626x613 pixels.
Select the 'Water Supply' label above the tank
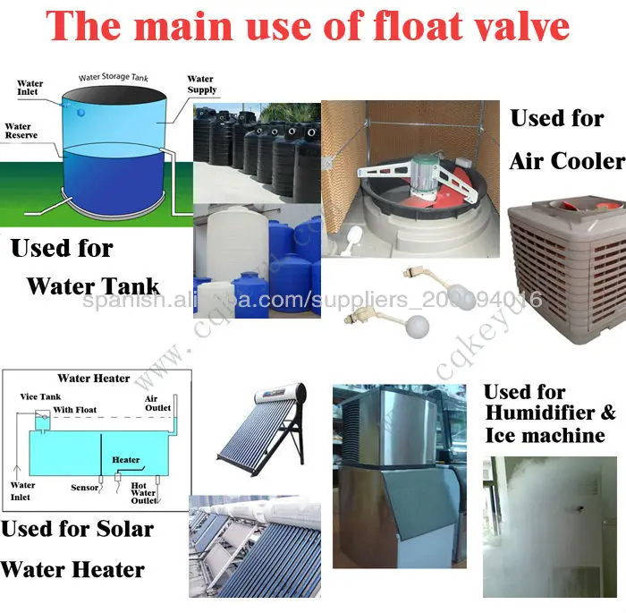[201, 85]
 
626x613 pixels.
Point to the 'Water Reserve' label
[18, 132]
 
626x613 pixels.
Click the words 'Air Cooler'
[567, 160]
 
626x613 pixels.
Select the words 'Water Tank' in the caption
[93, 286]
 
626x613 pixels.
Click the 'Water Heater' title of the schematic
[94, 379]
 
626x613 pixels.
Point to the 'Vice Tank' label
[37, 396]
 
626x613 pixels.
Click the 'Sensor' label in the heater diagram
[84, 488]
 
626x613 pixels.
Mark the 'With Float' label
[74, 410]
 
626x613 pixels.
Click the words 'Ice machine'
[545, 436]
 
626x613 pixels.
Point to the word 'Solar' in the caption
[123, 528]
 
